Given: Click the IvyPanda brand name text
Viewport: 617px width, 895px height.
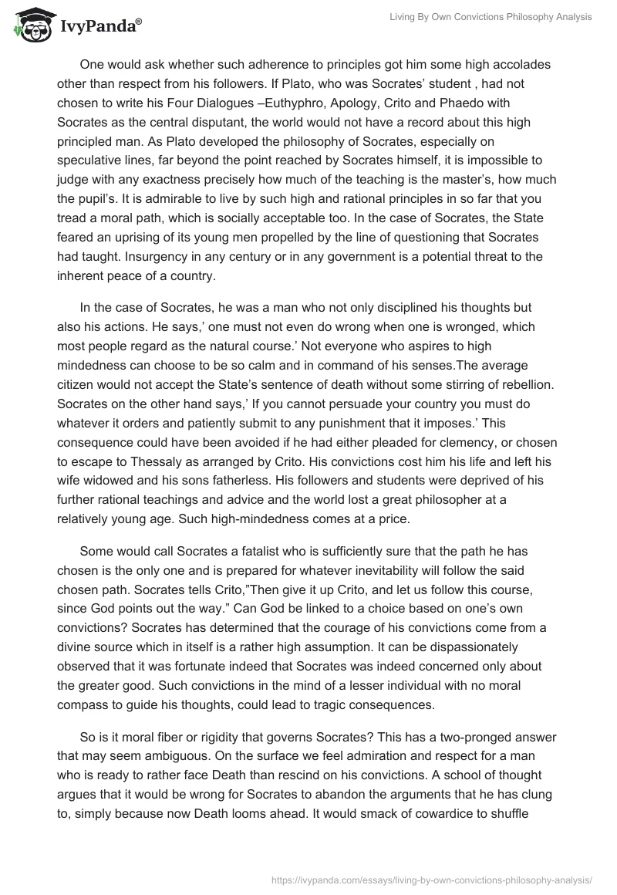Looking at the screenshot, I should (100, 25).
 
